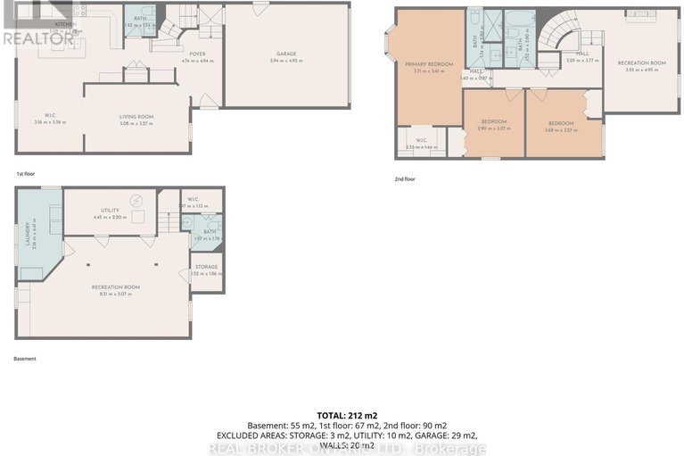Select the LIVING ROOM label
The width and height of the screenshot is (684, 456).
138,117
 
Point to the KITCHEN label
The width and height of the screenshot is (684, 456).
65,24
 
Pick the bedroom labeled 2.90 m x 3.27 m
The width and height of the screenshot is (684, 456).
494,121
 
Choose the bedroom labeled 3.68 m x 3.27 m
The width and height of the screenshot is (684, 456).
561,123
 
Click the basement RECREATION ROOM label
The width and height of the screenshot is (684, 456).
116,286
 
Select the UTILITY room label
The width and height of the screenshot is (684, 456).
110,210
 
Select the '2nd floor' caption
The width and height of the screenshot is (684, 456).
406,178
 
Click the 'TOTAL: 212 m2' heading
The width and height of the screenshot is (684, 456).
342,416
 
